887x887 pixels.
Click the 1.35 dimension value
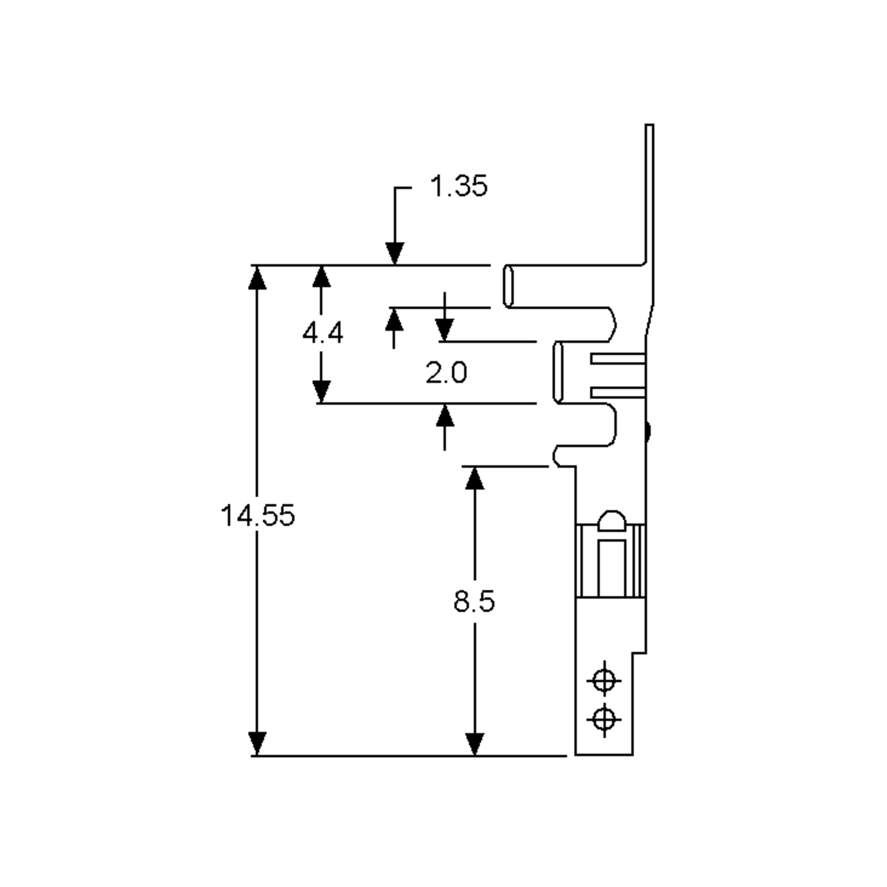pos(458,186)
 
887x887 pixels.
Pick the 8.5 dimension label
pos(474,601)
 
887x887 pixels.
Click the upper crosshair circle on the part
pos(604,680)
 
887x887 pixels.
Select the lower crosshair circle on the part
pos(604,720)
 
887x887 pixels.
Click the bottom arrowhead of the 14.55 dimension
pos(257,744)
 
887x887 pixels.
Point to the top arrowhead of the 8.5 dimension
pos(475,478)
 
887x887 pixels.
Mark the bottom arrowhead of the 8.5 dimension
pos(475,744)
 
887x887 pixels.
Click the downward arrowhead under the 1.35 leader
pos(395,254)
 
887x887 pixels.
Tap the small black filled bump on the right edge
pos(648,432)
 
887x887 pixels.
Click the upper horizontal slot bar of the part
pos(618,358)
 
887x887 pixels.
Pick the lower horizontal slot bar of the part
pos(618,392)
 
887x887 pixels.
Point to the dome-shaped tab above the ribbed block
pos(612,521)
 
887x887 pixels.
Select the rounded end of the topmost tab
pos(508,286)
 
